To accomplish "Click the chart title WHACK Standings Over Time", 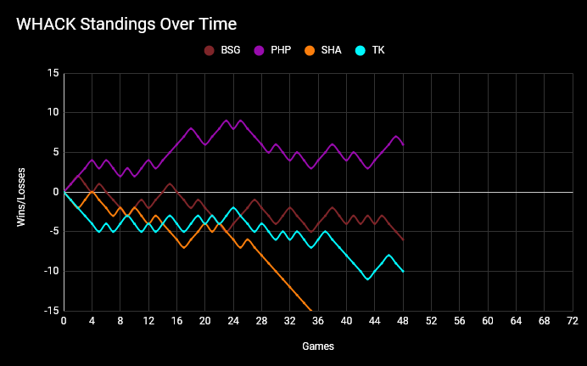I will [126, 24].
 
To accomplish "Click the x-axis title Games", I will [318, 346].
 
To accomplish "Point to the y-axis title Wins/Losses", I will [23, 192].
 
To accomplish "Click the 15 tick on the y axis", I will [53, 73].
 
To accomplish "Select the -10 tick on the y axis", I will [50, 271].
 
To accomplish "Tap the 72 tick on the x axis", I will [573, 321].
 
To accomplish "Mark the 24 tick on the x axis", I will [233, 321].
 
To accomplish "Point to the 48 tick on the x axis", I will [403, 321].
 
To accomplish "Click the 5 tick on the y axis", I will [55, 152].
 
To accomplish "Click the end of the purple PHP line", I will [403, 144].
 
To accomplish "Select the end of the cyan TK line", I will [403, 271].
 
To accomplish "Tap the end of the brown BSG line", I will [403, 239].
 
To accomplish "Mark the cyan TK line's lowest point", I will [367, 279].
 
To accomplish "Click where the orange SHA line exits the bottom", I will [311, 310].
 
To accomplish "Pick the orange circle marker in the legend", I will [310, 50].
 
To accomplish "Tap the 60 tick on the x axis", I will [488, 321].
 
